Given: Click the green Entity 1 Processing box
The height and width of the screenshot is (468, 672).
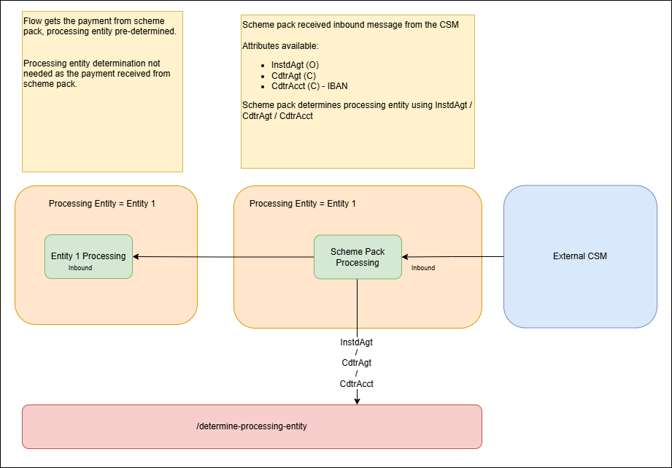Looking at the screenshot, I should (x=88, y=256).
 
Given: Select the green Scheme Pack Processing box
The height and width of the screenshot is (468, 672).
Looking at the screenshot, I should (x=358, y=256).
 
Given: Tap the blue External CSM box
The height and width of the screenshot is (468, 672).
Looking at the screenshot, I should (x=580, y=256).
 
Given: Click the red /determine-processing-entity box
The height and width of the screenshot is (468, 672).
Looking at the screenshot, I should (x=252, y=426).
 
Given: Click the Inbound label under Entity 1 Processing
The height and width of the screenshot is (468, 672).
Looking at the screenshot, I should (x=80, y=268).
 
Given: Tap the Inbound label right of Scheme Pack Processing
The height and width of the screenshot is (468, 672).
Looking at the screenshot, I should (x=423, y=268).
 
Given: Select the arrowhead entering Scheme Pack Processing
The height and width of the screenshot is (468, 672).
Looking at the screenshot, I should (x=406, y=256).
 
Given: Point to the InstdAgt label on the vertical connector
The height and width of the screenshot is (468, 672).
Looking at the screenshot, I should (x=357, y=342).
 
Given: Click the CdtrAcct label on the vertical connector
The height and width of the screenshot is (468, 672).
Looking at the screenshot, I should (x=357, y=383).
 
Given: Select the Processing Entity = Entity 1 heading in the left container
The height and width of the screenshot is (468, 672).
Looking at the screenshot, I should (x=102, y=203).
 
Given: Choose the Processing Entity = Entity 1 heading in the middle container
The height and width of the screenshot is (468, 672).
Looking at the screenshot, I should (x=303, y=203).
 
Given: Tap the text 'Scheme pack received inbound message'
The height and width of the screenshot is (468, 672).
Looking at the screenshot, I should (x=350, y=25).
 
